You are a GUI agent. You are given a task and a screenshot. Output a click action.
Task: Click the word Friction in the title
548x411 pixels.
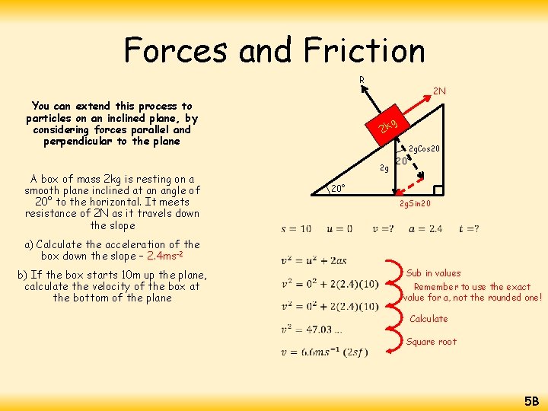364,51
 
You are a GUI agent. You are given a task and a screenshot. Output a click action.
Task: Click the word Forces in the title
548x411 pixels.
177,51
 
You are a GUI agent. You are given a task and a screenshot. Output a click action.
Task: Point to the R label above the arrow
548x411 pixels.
362,79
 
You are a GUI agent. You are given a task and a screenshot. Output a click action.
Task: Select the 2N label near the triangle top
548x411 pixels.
439,91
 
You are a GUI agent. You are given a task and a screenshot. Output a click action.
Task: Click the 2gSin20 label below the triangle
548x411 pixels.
416,204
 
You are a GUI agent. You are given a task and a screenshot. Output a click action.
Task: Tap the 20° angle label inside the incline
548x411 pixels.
338,187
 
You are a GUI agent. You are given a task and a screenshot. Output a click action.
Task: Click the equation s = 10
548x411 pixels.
296,229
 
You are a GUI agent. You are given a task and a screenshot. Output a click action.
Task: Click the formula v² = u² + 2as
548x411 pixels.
314,261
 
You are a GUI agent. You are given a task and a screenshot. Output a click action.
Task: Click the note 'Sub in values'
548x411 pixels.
433,273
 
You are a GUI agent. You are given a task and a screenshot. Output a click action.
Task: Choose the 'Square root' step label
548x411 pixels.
432,342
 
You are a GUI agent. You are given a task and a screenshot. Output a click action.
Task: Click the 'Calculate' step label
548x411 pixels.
429,319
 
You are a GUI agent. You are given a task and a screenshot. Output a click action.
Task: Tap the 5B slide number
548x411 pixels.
530,400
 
